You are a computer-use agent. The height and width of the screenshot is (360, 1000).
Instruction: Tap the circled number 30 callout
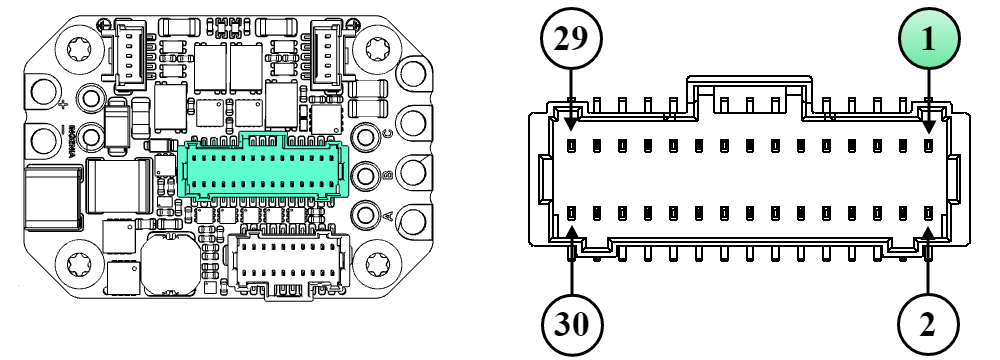tap(570, 323)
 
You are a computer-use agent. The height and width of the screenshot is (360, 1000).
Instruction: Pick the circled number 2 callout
tap(929, 323)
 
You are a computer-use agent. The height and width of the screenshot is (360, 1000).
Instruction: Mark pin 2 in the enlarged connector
tap(928, 213)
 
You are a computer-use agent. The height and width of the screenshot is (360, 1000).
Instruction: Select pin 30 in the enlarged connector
tap(571, 213)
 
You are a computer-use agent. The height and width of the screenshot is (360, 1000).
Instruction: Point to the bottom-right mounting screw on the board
tap(379, 264)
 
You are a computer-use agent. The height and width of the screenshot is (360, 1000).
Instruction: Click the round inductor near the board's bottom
tap(165, 265)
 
